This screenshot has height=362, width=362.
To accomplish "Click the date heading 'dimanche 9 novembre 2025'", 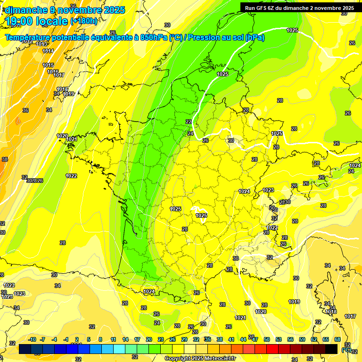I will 65,10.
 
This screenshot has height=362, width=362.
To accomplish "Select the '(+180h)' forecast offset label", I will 84,21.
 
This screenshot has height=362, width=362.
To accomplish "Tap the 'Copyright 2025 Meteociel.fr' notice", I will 200,358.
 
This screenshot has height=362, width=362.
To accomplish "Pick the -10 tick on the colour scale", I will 32,339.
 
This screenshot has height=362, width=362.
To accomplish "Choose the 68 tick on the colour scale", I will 337,339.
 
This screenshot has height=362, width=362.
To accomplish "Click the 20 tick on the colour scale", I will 149,339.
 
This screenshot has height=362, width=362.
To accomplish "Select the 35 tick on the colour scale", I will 208,339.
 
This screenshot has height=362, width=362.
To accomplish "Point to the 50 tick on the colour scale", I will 267,339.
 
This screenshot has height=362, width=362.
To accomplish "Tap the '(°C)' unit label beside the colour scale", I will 346,350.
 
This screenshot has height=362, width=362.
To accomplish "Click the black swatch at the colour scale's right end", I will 331,349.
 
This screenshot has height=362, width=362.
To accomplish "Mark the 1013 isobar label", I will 41,44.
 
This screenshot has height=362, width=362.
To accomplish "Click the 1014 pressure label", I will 48,51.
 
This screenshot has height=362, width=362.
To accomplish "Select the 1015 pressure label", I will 48,65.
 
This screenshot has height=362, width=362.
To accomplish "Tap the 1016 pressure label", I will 53,72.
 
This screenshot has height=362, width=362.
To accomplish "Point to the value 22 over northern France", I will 189,122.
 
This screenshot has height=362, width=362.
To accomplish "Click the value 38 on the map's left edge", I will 5,159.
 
